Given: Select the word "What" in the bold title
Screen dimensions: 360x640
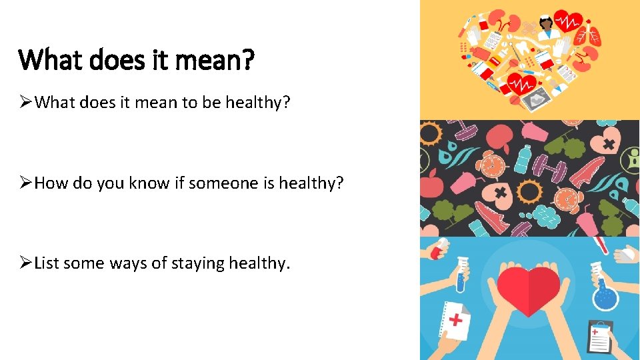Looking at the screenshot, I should pos(51,61).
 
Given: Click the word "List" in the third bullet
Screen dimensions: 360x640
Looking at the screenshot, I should pos(47,263).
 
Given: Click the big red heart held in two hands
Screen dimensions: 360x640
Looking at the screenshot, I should pos(529,290).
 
